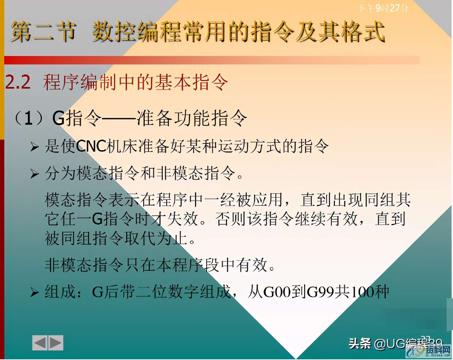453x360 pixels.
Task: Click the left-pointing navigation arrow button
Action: click(40, 343)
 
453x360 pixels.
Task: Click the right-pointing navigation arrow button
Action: click(56, 343)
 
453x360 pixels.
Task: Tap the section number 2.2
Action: click(18, 83)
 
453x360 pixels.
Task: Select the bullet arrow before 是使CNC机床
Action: click(34, 147)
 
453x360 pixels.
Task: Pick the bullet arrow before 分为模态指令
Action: click(34, 174)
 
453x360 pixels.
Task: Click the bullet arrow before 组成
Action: click(34, 292)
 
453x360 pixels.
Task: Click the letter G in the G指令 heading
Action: click(58, 118)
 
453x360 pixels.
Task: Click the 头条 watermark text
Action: click(360, 343)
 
